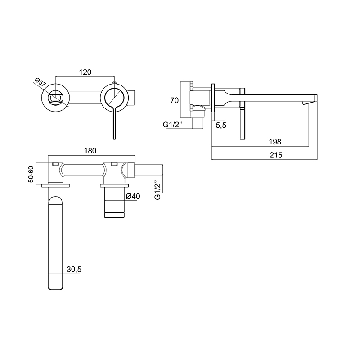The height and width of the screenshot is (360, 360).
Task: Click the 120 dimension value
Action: [85, 72]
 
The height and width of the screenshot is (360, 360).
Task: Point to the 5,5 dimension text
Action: [221, 126]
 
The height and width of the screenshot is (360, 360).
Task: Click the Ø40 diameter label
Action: [135, 196]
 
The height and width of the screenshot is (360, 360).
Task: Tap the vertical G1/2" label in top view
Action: [157, 190]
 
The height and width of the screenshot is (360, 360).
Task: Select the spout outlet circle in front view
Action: [56, 97]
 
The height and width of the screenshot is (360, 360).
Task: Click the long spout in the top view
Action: [56, 243]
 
